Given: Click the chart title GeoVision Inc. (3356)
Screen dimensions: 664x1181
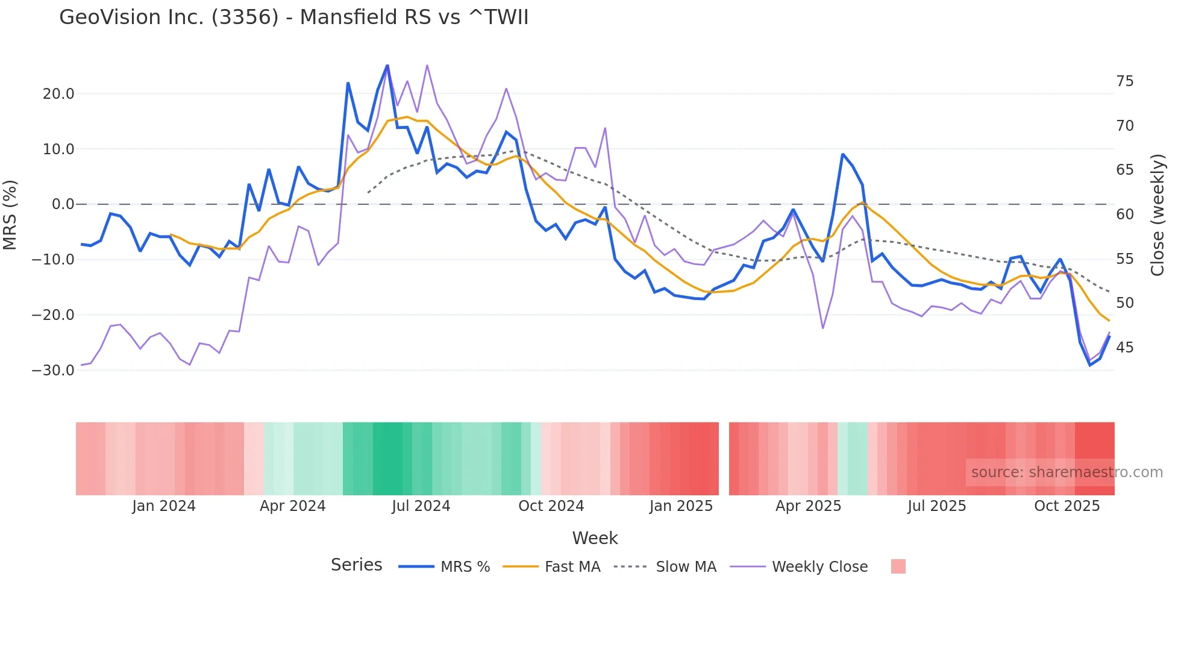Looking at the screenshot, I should coord(293,17).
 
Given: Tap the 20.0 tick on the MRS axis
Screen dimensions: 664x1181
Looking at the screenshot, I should coord(58,93).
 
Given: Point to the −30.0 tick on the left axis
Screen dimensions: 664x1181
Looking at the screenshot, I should coord(53,370).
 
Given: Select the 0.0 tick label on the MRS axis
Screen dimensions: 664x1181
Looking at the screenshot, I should coord(63,204).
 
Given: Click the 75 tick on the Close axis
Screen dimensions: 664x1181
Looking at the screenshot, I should coord(1124,81).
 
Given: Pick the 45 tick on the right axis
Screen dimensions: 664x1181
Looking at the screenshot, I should coord(1124,348).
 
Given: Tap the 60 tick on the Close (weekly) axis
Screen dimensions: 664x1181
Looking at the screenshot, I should coord(1124,215).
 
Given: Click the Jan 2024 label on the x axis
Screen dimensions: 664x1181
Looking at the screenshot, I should coord(164,506).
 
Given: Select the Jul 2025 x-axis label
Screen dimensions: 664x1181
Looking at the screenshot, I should coord(936,506).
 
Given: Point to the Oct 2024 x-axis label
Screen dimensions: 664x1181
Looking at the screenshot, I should coord(551,506).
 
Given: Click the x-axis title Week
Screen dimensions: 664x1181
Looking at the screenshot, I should coord(595,538).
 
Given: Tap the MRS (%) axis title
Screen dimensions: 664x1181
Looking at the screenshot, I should coord(10,215).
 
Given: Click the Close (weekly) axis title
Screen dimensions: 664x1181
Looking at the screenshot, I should coord(1158,215).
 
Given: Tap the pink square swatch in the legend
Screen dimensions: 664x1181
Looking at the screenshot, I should coord(898,566).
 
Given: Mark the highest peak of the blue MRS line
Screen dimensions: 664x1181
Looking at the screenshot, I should coord(387,65).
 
